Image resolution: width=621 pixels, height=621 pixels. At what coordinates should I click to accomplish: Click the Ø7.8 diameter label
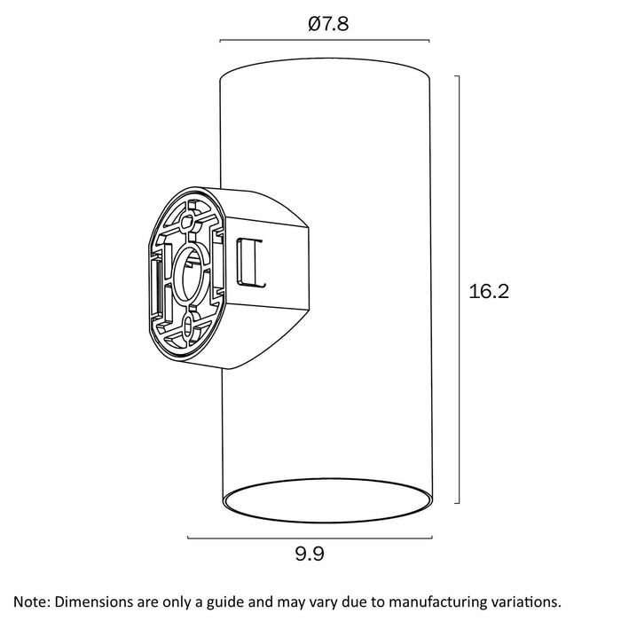tap(328, 25)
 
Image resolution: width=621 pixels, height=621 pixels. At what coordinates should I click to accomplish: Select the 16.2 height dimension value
tap(489, 291)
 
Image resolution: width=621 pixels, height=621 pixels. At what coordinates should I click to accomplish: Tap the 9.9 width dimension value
tap(309, 555)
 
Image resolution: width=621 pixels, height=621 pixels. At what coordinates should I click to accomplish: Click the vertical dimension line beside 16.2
tap(458, 290)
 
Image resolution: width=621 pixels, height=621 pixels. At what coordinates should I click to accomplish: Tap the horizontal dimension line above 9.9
tap(309, 538)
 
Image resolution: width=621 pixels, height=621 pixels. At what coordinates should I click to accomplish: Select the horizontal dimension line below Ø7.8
tap(325, 41)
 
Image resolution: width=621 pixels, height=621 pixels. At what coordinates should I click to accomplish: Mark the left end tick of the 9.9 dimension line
tap(188, 538)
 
